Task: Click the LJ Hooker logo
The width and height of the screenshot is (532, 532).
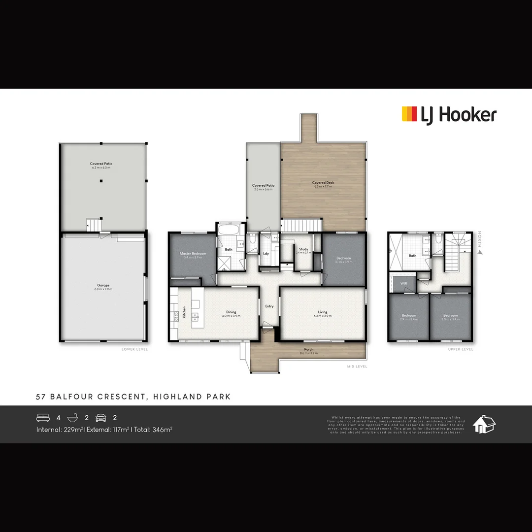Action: click(x=449, y=115)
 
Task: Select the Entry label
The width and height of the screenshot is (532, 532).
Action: click(x=269, y=306)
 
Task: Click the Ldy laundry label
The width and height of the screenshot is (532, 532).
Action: click(x=266, y=254)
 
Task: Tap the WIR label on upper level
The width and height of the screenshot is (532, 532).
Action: click(x=403, y=284)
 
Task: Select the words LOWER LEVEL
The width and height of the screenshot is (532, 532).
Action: click(x=134, y=349)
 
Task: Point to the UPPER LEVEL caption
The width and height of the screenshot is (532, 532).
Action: click(x=461, y=349)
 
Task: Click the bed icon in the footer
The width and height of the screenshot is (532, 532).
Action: click(x=43, y=418)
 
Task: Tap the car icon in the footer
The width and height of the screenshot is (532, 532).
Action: click(x=101, y=418)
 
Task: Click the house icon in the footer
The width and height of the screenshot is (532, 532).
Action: click(x=484, y=424)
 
